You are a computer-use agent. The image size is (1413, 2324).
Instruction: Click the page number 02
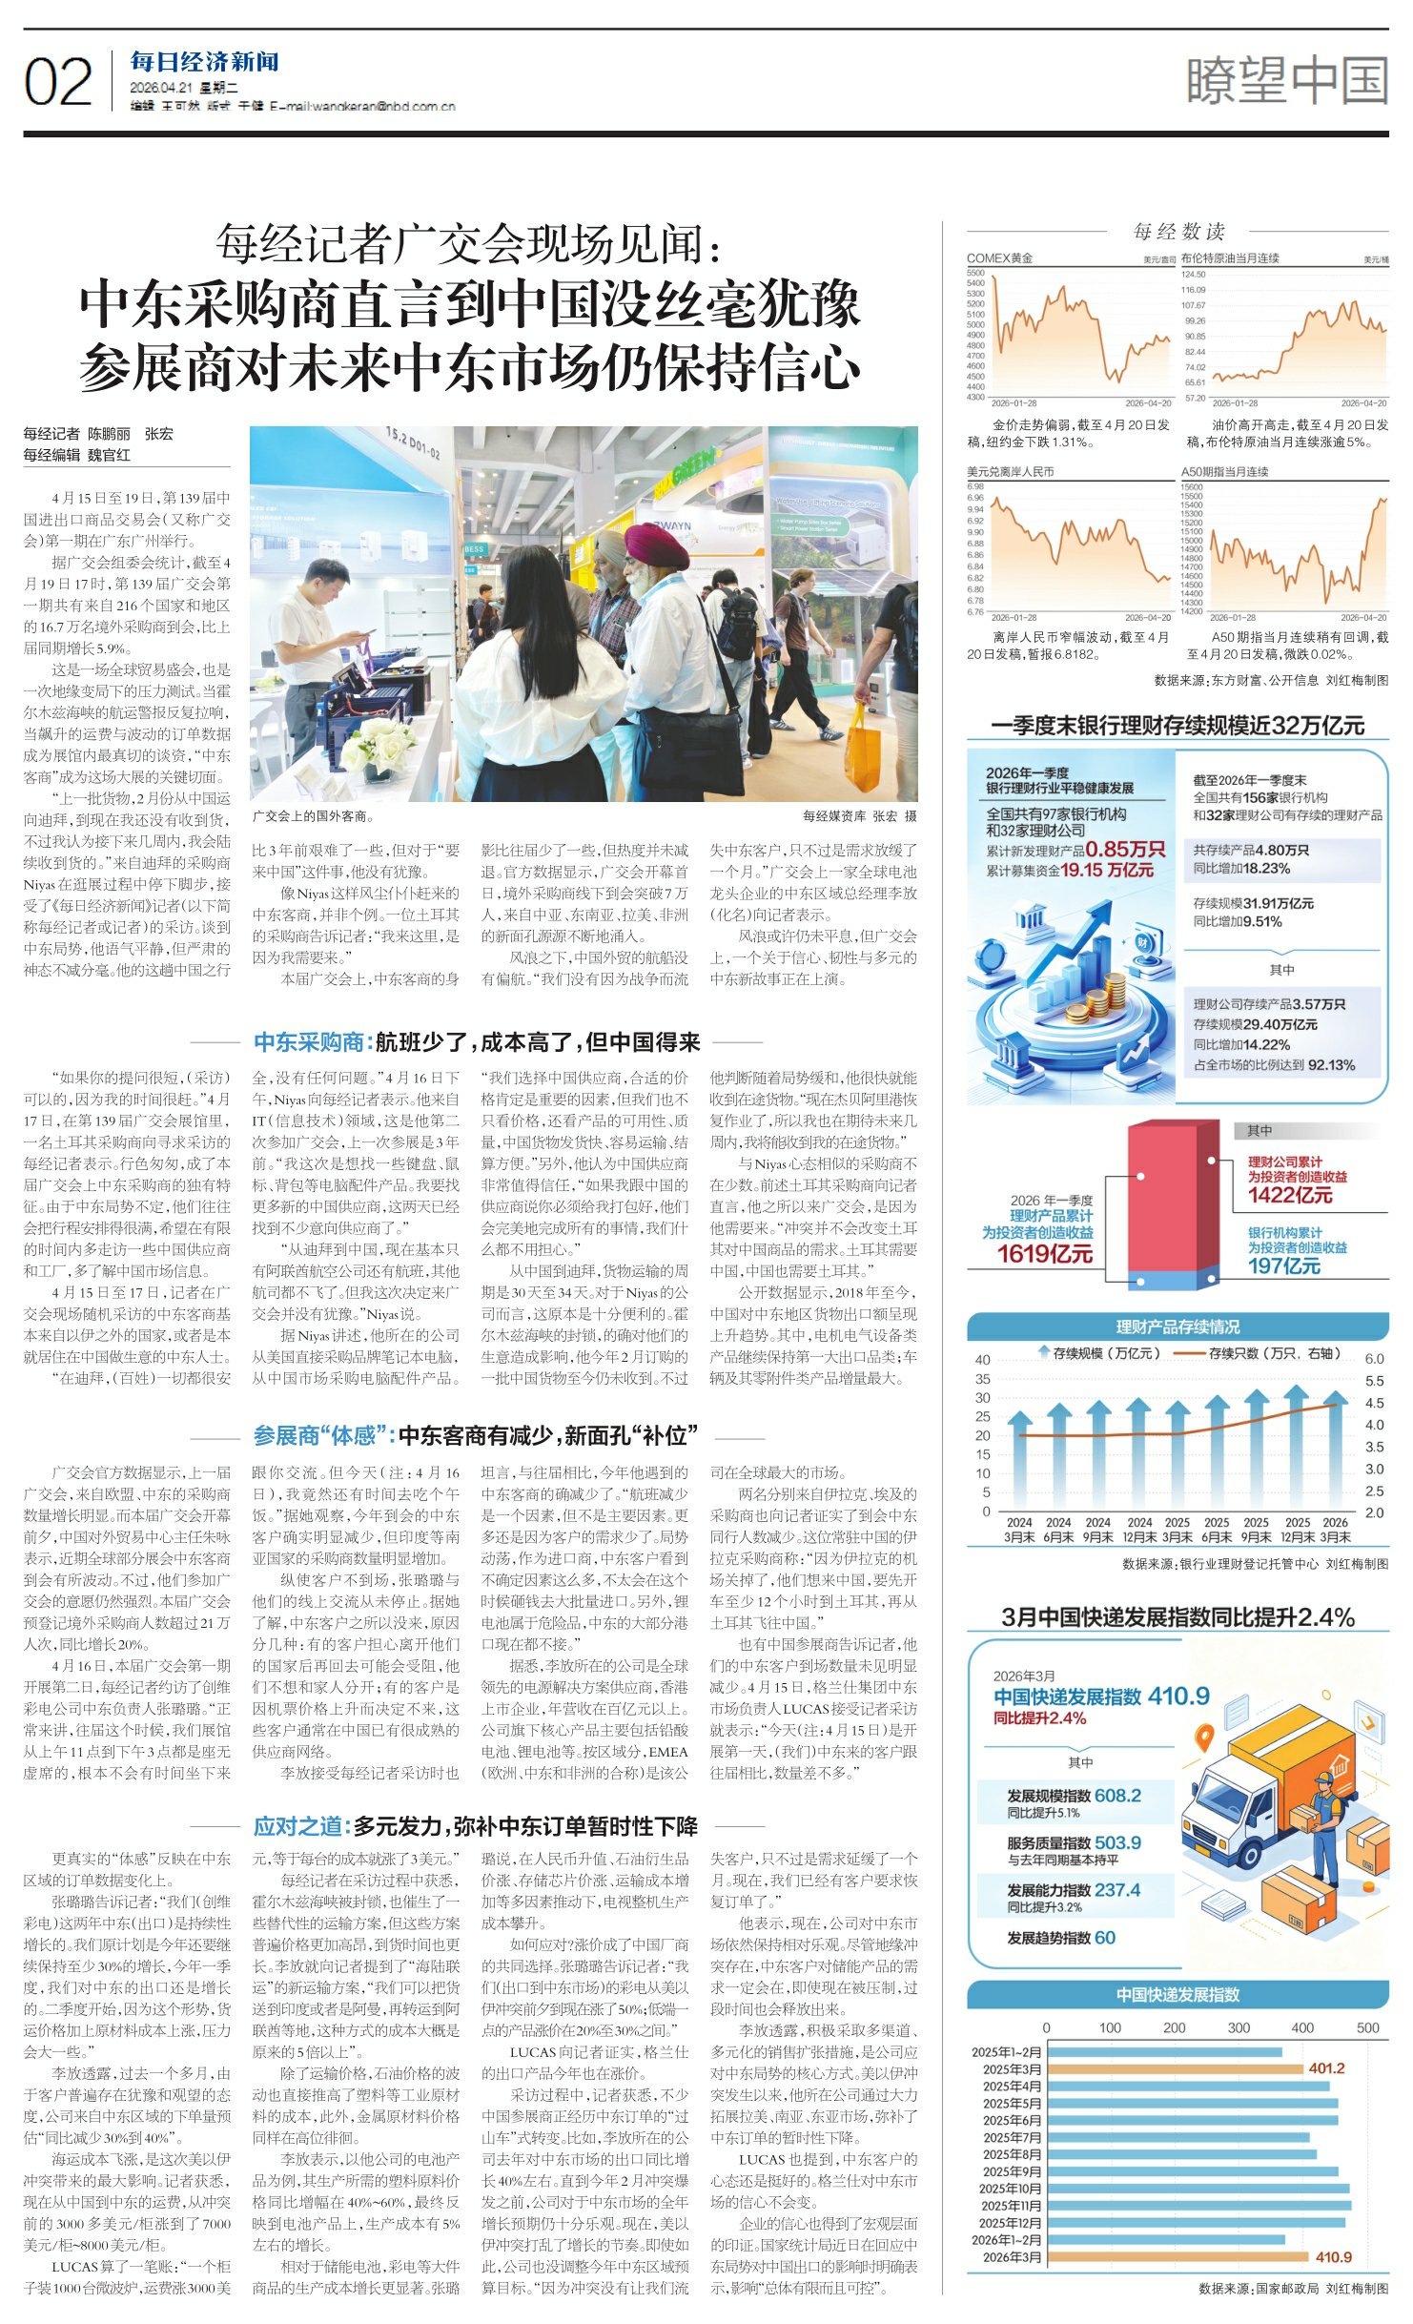click(x=58, y=82)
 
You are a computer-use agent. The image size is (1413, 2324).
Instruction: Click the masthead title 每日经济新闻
click(x=204, y=63)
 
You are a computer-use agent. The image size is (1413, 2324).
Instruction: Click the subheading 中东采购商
click(x=310, y=1041)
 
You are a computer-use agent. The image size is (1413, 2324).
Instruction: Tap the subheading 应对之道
click(x=298, y=1825)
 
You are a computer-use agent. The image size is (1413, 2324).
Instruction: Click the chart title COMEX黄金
click(x=999, y=258)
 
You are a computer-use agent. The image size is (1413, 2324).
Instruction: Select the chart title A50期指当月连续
click(x=1224, y=471)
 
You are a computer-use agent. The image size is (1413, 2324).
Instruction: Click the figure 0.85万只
click(x=1125, y=849)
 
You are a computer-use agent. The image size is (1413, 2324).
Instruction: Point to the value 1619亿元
click(x=1045, y=1253)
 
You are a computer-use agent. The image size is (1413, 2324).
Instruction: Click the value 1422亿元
click(x=1290, y=1195)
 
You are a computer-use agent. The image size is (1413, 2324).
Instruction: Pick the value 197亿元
click(x=1284, y=1265)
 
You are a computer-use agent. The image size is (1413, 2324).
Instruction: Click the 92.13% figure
click(x=1331, y=1064)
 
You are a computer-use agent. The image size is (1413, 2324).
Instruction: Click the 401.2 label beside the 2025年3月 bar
click(x=1326, y=2068)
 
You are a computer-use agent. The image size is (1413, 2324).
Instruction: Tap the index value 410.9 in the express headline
click(x=1178, y=1696)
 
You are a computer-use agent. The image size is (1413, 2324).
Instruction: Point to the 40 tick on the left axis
click(x=982, y=1360)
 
